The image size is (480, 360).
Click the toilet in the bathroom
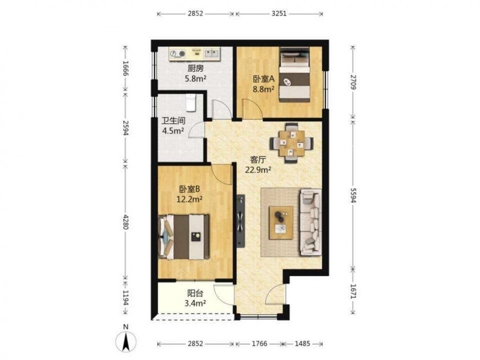[x=191, y=103]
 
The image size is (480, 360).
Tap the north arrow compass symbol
[x=125, y=341]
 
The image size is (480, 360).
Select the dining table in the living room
[x=291, y=143]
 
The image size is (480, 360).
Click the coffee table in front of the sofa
[x=281, y=223]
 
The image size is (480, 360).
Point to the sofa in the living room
[x=311, y=222]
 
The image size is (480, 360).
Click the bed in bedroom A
[x=295, y=75]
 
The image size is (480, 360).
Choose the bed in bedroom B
[x=184, y=237]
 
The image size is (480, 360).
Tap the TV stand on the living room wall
[x=241, y=220]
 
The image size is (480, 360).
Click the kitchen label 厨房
[x=195, y=69]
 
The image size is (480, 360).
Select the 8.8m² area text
[x=263, y=89]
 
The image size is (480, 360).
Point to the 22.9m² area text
[x=258, y=169]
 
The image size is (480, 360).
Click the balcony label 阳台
[x=195, y=294]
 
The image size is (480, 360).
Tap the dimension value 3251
[x=279, y=13]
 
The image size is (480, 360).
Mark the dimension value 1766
[x=259, y=344]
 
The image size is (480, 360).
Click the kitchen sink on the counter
[x=212, y=54]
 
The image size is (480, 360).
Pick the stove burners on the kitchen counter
[x=178, y=54]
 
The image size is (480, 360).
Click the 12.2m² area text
[x=189, y=200]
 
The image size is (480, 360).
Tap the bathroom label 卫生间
[x=173, y=121]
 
